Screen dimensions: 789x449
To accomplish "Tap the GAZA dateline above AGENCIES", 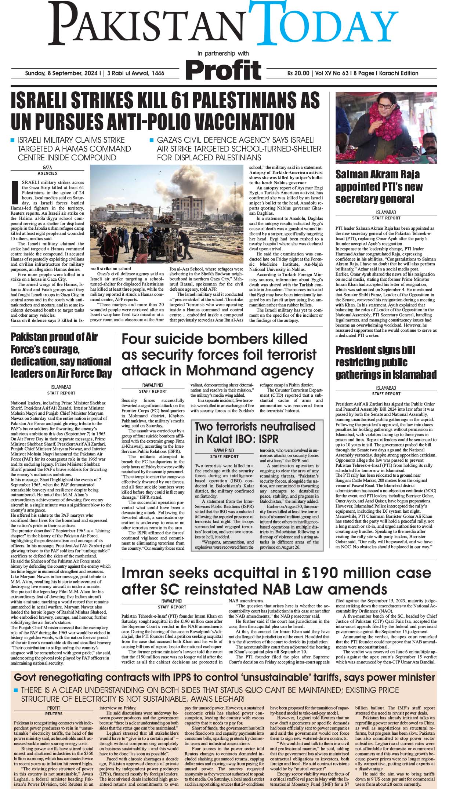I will click(47, 168).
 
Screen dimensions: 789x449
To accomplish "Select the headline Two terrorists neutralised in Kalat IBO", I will click(255, 433).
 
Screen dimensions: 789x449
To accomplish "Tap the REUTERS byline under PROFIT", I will click(54, 714).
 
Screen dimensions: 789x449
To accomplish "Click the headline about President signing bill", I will click(385, 362).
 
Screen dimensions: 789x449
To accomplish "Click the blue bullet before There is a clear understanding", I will click(16, 690).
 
